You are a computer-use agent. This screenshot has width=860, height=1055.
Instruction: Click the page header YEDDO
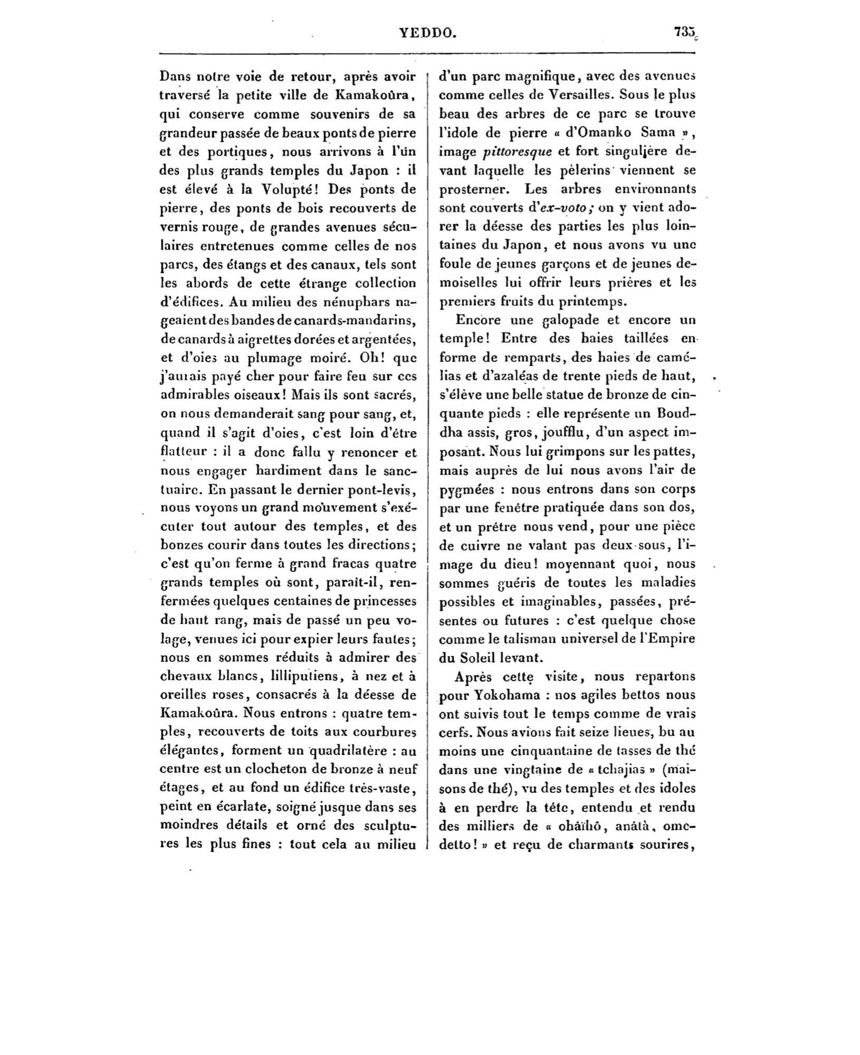click(x=427, y=33)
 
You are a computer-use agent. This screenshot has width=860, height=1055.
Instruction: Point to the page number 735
click(x=685, y=32)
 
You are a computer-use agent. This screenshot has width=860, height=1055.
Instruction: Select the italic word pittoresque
click(x=517, y=152)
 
